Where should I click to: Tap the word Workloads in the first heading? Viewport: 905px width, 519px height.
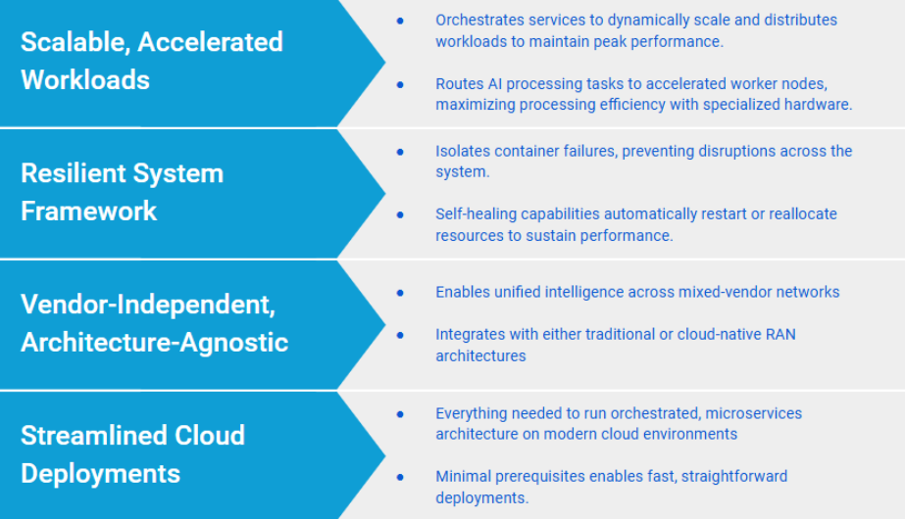[85, 80]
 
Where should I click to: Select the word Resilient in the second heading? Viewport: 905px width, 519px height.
[73, 173]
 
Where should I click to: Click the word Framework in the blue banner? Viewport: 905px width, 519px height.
[89, 212]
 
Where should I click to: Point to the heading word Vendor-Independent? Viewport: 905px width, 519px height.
[148, 305]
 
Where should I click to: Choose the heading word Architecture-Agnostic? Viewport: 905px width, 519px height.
[155, 343]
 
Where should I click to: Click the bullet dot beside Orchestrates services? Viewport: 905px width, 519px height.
[400, 21]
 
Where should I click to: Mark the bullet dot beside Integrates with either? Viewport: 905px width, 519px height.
[400, 335]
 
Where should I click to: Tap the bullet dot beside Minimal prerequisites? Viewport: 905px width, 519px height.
[400, 477]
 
